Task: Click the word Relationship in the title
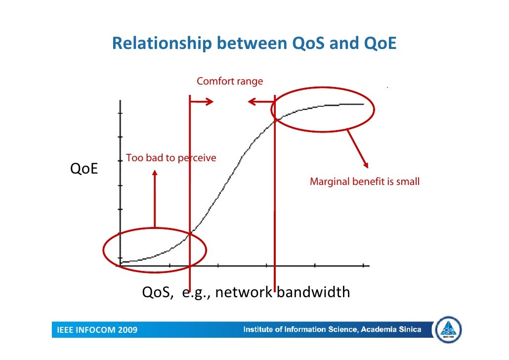point(158,44)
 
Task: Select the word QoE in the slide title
point(380,44)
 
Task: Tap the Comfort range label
point(230,81)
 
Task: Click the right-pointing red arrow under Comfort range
point(202,102)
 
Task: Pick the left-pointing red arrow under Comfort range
point(261,102)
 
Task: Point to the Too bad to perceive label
point(171,158)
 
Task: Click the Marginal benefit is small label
point(364,181)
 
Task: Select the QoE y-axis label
point(84,169)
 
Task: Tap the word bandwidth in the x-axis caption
point(313,293)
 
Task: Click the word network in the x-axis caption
point(243,293)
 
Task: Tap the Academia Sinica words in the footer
point(390,329)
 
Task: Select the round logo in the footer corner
point(448,330)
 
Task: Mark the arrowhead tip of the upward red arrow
point(155,171)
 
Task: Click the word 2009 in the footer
point(127,330)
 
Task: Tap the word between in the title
point(252,44)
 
